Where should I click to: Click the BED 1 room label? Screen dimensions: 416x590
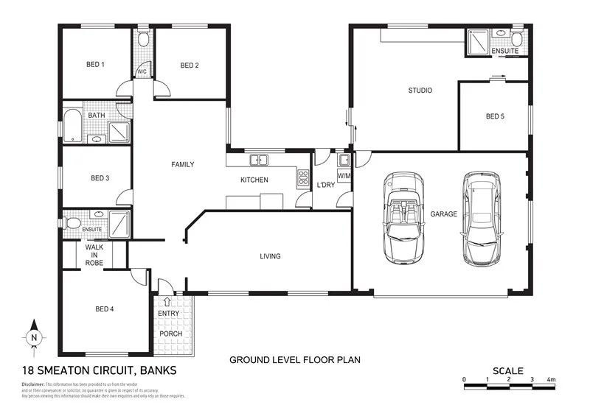pyautogui.click(x=95, y=65)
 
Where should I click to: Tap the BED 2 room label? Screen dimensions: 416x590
pyautogui.click(x=190, y=66)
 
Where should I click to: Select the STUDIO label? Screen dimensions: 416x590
pyautogui.click(x=420, y=91)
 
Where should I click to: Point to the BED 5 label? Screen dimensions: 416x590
pyautogui.click(x=496, y=116)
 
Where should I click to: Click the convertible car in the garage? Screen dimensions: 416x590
pyautogui.click(x=403, y=217)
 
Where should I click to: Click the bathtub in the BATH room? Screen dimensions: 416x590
pyautogui.click(x=73, y=127)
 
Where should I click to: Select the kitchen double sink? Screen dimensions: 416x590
pyautogui.click(x=258, y=160)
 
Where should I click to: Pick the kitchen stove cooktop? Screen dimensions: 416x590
pyautogui.click(x=302, y=177)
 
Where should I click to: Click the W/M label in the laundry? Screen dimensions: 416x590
pyautogui.click(x=344, y=177)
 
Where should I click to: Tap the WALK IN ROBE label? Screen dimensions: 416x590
pyautogui.click(x=94, y=254)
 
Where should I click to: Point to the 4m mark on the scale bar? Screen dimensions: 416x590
pyautogui.click(x=551, y=380)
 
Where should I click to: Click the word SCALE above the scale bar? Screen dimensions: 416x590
pyautogui.click(x=508, y=370)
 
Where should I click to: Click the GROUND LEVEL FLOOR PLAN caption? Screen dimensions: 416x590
pyautogui.click(x=294, y=360)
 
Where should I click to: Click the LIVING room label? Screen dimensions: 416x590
pyautogui.click(x=270, y=256)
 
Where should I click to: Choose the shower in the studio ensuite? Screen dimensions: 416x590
pyautogui.click(x=476, y=42)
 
